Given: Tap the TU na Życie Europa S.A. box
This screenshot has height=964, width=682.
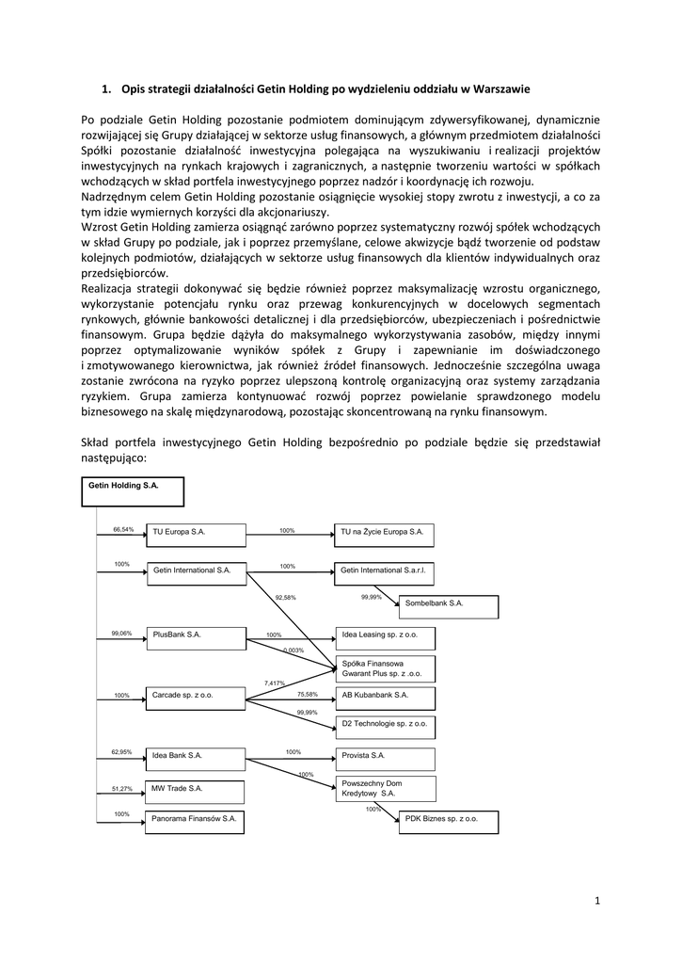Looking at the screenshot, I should tap(385, 533).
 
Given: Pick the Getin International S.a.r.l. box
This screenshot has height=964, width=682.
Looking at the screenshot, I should tap(385, 571).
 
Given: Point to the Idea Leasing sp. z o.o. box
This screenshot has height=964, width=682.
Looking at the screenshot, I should tap(385, 635).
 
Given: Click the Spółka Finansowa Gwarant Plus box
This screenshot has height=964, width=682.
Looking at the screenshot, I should tap(385, 668).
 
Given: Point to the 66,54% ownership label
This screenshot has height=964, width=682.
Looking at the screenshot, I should tap(123, 529).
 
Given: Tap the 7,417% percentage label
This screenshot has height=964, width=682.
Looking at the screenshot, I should tap(275, 683).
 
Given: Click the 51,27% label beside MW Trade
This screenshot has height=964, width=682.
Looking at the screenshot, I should tap(122, 789).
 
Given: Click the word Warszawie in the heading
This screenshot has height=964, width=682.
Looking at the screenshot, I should tap(496, 89).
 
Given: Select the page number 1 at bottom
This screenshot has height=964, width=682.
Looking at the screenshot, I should tap(597, 901).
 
